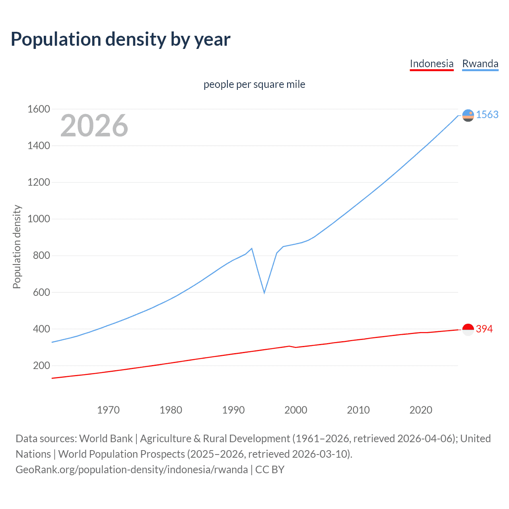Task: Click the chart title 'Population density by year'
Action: (x=120, y=39)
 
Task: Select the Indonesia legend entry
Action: (x=431, y=64)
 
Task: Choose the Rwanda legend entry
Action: (x=480, y=64)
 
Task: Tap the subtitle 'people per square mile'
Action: (x=254, y=84)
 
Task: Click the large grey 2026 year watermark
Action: (x=94, y=126)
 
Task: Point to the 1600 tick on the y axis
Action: (x=39, y=109)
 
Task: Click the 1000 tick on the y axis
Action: (x=39, y=219)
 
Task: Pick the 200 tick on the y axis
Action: (x=41, y=365)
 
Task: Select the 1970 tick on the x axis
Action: (x=108, y=410)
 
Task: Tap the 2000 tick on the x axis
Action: (x=295, y=410)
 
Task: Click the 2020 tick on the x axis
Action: (x=421, y=410)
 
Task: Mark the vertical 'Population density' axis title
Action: (x=17, y=247)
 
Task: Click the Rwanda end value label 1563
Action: (x=487, y=115)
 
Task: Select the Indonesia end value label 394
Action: (x=484, y=329)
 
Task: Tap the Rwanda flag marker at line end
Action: (x=468, y=115)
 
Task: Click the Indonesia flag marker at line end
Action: (x=468, y=329)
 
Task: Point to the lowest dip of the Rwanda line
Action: (x=264, y=293)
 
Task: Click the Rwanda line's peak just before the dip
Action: (x=252, y=249)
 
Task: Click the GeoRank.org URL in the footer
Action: (x=132, y=470)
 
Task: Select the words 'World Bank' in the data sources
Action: (x=106, y=439)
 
